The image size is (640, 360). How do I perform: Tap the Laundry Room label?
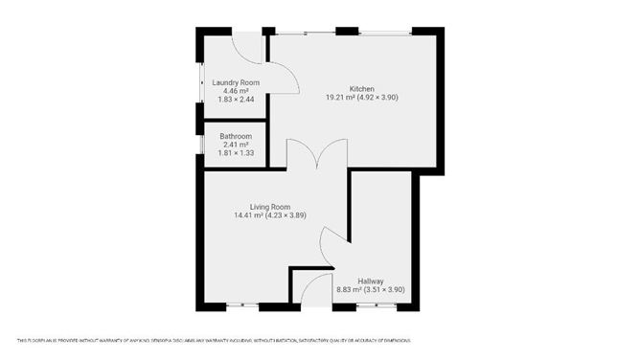click(236, 83)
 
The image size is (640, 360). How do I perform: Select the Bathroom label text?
click(236, 137)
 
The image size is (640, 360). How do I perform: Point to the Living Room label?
click(269, 207)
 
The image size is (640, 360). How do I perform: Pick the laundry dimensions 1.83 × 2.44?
click(236, 101)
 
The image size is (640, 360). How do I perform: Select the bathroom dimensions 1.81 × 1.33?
click(236, 153)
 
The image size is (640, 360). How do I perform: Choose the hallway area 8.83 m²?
click(347, 289)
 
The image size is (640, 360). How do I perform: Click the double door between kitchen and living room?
click(317, 156)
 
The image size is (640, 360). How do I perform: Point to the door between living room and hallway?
click(333, 248)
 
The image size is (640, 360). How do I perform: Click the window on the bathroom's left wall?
click(200, 143)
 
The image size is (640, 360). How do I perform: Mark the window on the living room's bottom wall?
click(242, 306)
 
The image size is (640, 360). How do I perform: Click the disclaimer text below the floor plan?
click(214, 340)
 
